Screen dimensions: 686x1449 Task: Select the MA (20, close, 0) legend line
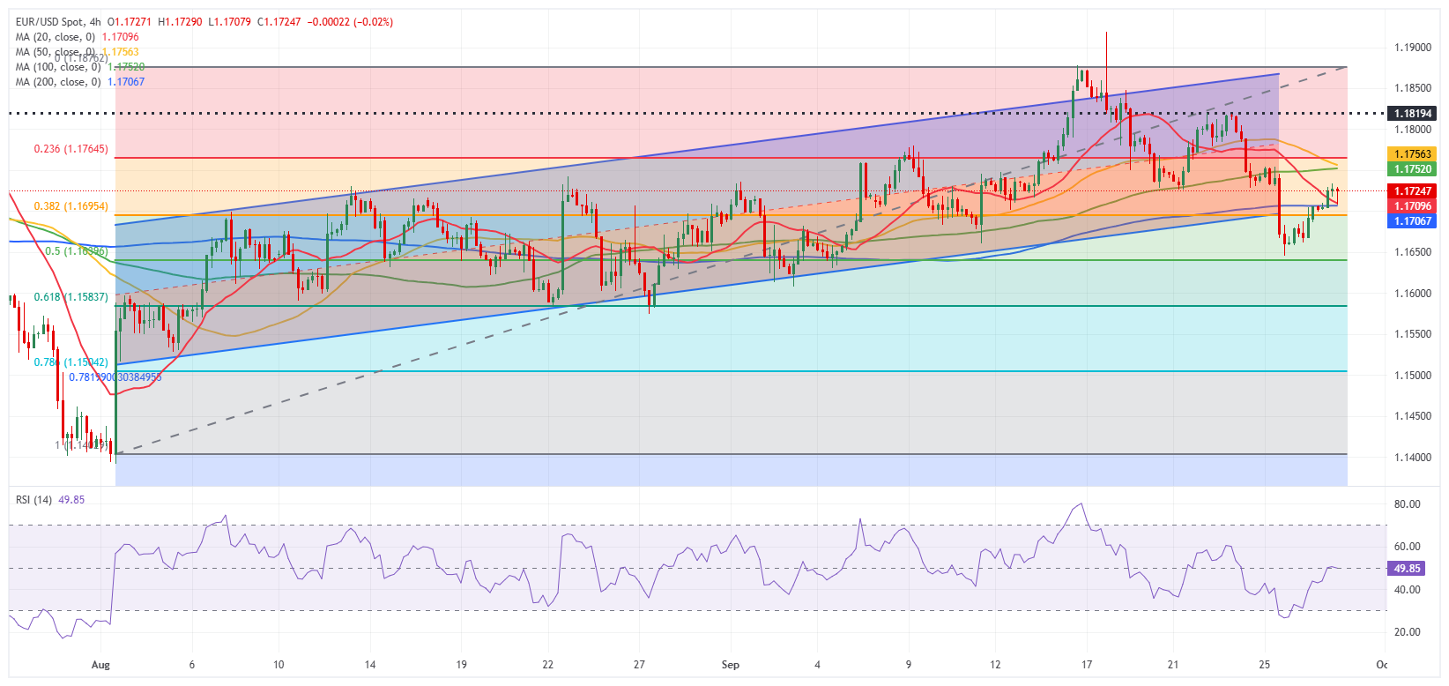[x=56, y=37]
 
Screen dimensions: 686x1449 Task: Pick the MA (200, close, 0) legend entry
[x=58, y=82]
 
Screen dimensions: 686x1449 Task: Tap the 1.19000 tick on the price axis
[x=1412, y=48]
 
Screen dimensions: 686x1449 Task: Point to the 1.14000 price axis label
[x=1412, y=458]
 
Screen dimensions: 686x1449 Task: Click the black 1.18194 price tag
[x=1412, y=114]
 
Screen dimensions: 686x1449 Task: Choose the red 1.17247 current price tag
[x=1412, y=190]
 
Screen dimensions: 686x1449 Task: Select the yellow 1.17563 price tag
[x=1412, y=154]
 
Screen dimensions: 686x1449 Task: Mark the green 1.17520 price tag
[x=1412, y=168]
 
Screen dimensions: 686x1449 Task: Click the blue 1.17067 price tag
[x=1412, y=220]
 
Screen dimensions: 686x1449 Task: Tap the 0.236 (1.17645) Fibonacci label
[x=71, y=149]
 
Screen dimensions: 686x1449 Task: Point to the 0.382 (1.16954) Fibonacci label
[x=71, y=206]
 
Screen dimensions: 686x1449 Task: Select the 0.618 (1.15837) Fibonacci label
[x=71, y=297]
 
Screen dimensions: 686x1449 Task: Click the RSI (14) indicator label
[x=33, y=500]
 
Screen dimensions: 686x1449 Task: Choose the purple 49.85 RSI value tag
[x=1407, y=569]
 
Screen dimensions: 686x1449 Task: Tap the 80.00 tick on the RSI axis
[x=1407, y=504]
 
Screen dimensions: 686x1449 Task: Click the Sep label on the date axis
[x=730, y=665]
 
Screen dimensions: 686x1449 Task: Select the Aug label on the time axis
[x=100, y=665]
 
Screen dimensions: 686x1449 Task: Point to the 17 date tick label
[x=1087, y=665]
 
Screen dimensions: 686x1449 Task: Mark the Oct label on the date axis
[x=1381, y=665]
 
